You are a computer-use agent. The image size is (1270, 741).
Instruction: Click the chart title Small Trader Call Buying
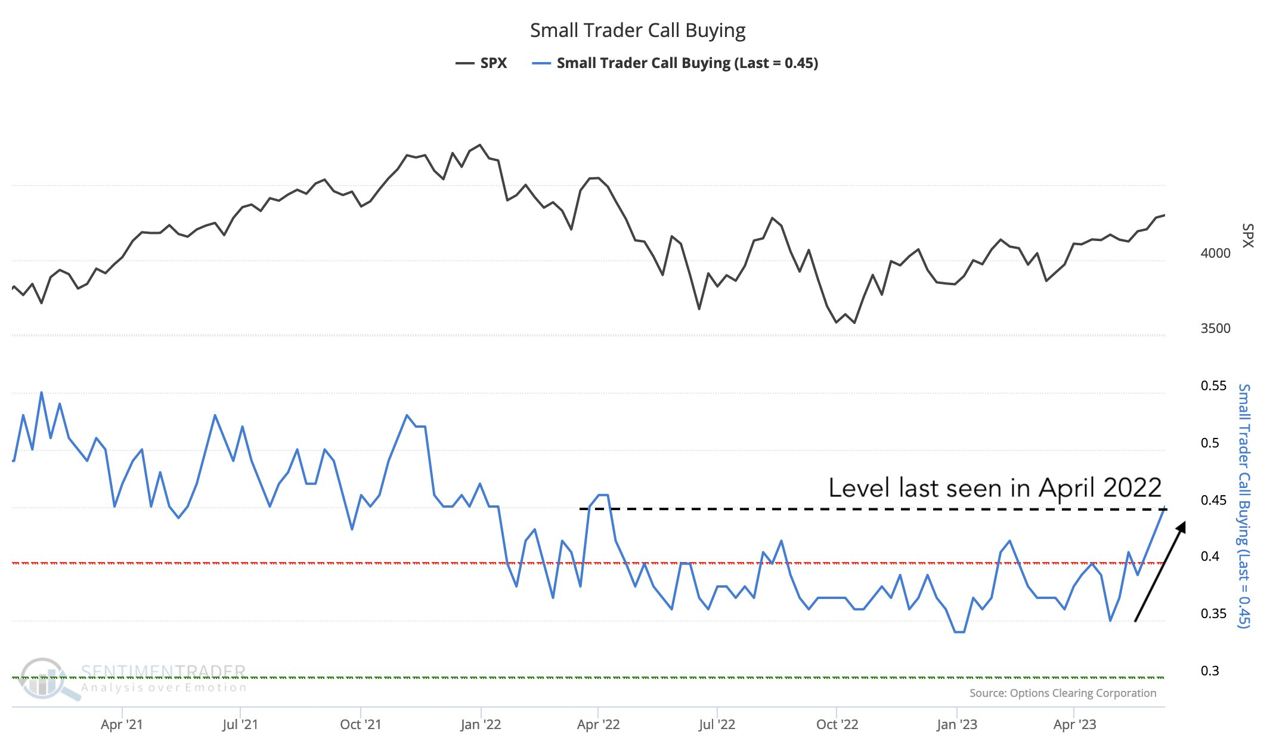(637, 30)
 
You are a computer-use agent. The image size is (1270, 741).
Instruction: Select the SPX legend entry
(482, 63)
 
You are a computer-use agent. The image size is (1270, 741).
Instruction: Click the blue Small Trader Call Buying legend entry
(676, 63)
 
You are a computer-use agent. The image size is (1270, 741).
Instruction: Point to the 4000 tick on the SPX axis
(1215, 253)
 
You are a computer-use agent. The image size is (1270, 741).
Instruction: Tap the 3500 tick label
(1215, 328)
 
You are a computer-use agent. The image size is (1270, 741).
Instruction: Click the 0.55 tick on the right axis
(1213, 385)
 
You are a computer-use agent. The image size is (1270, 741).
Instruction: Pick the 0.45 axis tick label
(1213, 500)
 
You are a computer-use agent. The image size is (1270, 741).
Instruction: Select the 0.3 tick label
(1210, 671)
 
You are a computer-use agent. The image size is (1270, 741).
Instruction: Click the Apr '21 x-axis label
(122, 724)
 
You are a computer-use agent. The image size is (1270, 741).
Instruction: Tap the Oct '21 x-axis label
(360, 724)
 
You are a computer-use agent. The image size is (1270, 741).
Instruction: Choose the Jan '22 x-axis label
(481, 724)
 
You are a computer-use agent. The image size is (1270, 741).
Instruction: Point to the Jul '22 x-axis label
(717, 724)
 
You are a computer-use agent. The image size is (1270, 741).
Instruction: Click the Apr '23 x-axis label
(1074, 724)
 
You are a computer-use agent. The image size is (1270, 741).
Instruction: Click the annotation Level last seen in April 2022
(995, 488)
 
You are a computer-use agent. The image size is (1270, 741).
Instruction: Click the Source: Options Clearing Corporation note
(1063, 693)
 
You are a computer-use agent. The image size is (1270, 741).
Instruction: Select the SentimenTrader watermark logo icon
(43, 679)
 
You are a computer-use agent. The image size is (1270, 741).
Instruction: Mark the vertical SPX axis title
(1247, 235)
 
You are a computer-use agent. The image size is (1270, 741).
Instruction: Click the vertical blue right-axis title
(1244, 506)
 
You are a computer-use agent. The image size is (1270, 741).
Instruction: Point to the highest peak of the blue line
(41, 393)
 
